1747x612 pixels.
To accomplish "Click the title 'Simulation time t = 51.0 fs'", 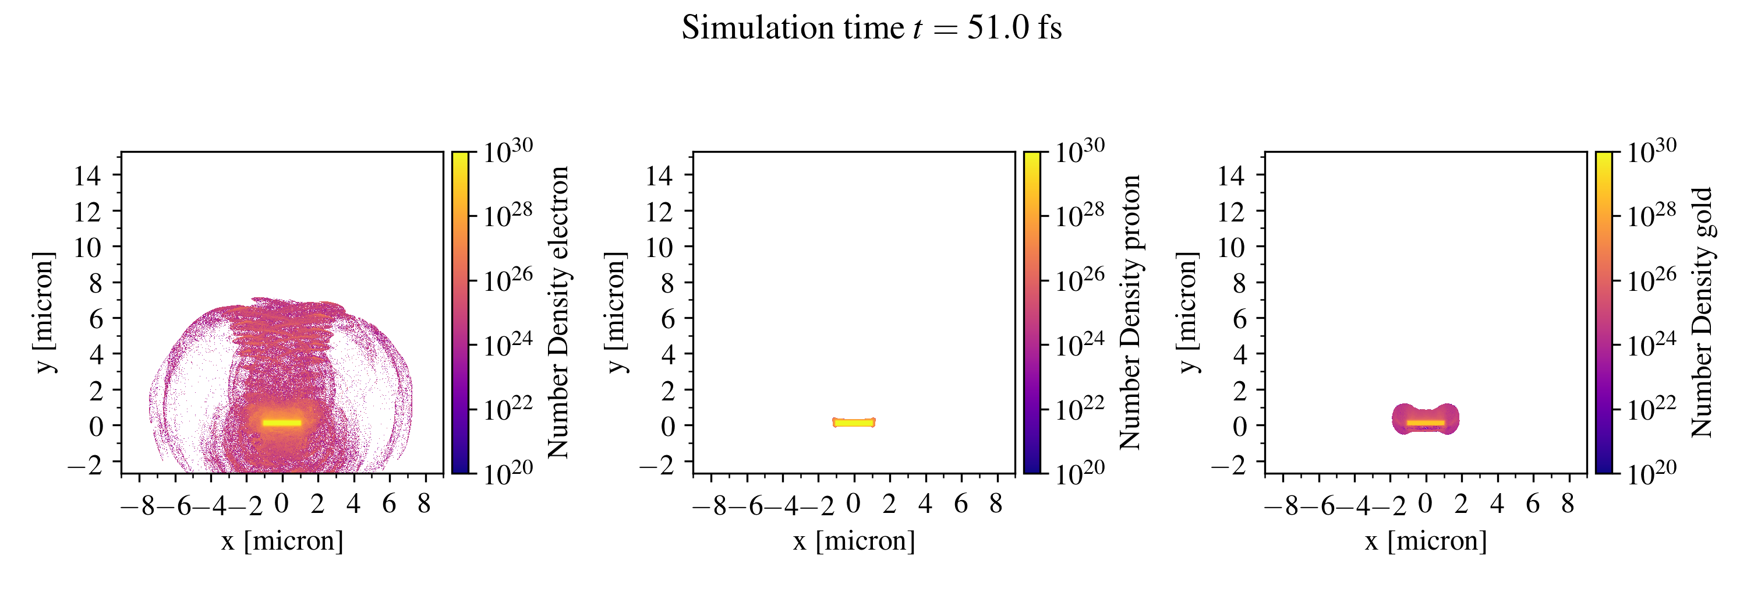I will click(x=872, y=29).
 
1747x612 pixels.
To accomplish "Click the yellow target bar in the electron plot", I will click(x=281, y=423).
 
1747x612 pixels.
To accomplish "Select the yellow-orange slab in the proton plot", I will click(x=854, y=422).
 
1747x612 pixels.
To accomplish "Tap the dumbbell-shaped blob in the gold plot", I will click(x=1426, y=418).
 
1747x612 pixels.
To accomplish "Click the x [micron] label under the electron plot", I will click(x=282, y=541).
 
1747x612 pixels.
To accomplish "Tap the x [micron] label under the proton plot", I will click(x=854, y=541).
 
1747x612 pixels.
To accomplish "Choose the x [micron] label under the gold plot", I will click(x=1426, y=541).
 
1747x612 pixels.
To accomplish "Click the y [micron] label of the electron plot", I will click(x=44, y=312).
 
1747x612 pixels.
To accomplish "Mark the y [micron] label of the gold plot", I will click(x=1187, y=312).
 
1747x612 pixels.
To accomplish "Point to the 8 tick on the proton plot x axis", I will click(x=996, y=504).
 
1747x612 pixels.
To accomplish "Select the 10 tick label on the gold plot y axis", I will click(x=1230, y=248).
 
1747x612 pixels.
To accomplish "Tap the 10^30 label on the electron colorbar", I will click(x=508, y=150).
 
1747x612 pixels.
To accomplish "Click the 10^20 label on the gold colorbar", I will click(x=1651, y=473).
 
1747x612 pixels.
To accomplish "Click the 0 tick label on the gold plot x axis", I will click(x=1426, y=504).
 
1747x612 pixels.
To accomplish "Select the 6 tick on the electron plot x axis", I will click(x=388, y=504).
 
